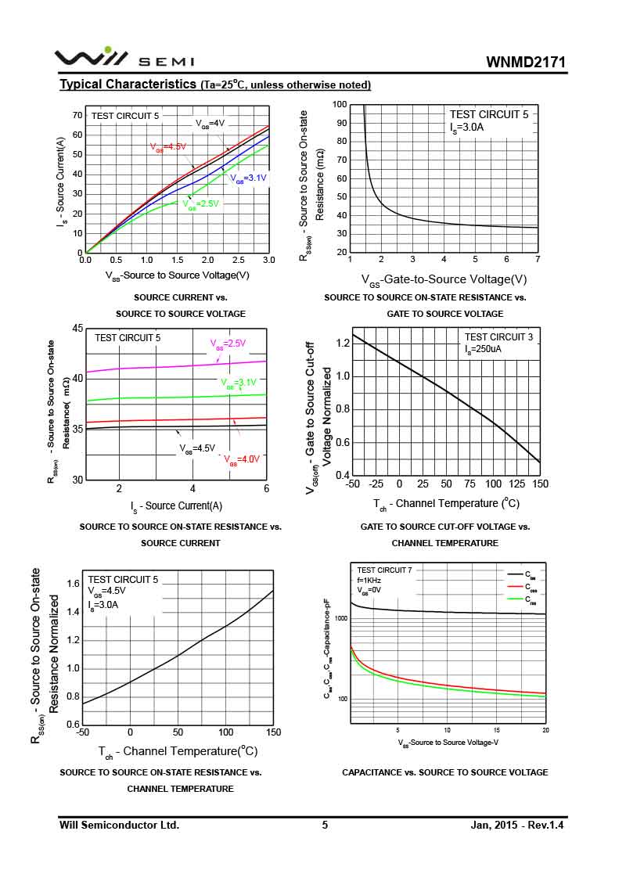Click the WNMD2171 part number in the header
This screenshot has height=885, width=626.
[525, 63]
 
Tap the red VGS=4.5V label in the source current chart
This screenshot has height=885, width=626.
[168, 146]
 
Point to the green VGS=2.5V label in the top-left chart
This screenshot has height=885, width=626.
[201, 203]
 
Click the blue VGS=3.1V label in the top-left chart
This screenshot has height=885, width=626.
[248, 178]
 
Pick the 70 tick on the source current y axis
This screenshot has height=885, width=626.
[77, 115]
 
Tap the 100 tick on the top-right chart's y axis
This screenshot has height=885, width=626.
[339, 104]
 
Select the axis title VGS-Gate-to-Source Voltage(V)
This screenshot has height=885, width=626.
[444, 279]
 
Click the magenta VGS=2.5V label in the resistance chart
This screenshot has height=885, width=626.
[227, 343]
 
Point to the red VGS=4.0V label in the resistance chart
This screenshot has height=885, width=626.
[242, 459]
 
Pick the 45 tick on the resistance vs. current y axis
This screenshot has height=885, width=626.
[77, 328]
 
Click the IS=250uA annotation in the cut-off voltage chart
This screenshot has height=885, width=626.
[483, 349]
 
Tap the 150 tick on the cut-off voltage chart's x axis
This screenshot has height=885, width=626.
[540, 484]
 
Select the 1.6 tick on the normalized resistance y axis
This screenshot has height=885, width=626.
[74, 584]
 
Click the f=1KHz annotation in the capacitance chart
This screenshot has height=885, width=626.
[371, 581]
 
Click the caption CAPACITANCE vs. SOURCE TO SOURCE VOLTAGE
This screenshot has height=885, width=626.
[444, 772]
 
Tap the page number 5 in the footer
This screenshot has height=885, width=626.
[325, 825]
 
